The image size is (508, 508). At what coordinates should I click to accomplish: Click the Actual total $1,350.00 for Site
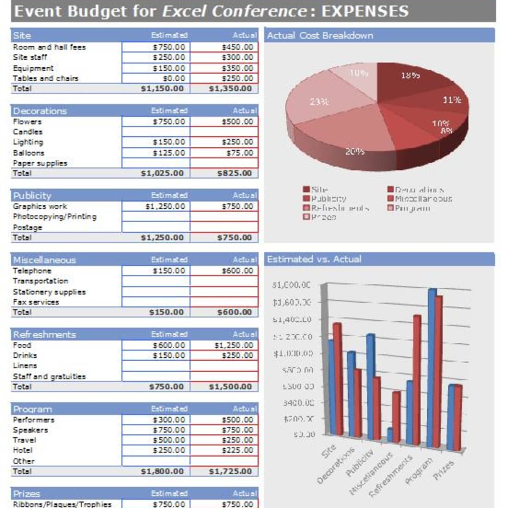click(230, 88)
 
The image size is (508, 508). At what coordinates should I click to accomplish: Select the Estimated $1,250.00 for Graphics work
click(165, 206)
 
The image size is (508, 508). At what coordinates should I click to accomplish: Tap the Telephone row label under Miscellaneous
click(32, 271)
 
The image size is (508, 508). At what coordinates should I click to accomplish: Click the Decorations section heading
click(40, 111)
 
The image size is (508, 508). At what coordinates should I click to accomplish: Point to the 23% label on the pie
click(319, 102)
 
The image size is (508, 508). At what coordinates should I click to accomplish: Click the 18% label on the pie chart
click(410, 75)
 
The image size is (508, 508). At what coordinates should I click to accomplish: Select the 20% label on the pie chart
click(354, 151)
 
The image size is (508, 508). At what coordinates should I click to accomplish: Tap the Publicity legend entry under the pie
click(325, 199)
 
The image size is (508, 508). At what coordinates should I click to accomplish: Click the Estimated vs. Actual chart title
click(314, 259)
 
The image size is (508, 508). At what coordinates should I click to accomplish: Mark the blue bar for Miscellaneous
click(390, 435)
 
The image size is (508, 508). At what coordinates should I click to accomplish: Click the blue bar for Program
click(432, 368)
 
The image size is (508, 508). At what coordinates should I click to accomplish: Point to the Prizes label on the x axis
click(443, 470)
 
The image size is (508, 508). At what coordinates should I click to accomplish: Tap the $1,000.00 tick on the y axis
click(293, 353)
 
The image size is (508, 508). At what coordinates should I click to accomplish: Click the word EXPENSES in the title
click(365, 11)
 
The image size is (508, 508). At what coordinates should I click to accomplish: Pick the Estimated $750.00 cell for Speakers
click(169, 430)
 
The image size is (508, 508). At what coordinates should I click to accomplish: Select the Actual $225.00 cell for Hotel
click(237, 450)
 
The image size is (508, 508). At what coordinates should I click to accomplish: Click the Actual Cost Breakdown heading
click(320, 36)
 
